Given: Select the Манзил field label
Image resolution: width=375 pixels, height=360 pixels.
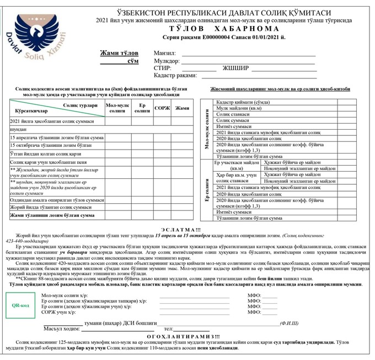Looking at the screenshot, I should click(164, 52).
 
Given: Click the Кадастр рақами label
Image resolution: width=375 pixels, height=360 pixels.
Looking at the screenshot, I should click(175, 76).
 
